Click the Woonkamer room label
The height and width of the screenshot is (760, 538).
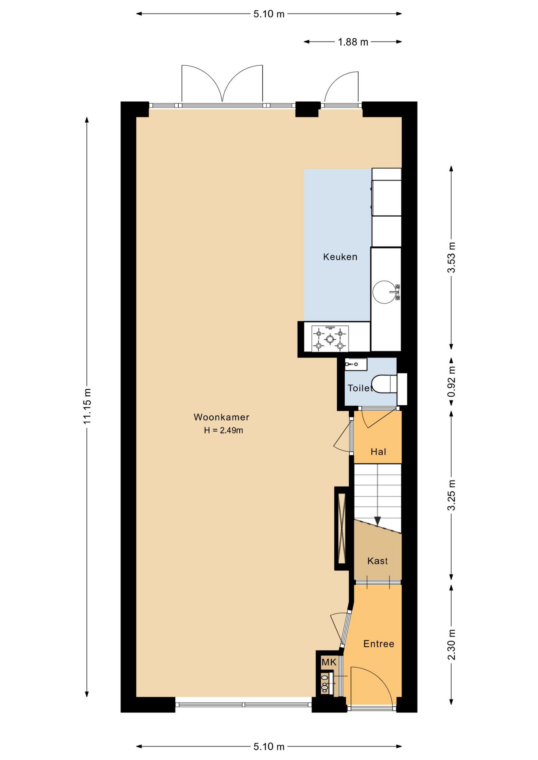point(221,417)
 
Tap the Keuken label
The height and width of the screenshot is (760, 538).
point(340,257)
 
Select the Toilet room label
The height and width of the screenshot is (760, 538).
point(360,388)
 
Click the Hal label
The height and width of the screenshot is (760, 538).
point(378,452)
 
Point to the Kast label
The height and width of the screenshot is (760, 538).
point(378,560)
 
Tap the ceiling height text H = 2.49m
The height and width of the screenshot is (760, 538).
point(223,430)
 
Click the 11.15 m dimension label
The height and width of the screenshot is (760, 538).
point(87,406)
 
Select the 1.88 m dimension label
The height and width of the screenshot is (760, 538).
point(353,42)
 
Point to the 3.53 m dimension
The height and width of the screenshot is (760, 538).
point(451,257)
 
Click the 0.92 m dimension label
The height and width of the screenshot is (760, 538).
point(451,381)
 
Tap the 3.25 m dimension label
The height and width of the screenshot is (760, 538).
point(451,495)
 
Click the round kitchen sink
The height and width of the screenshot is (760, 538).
point(384,292)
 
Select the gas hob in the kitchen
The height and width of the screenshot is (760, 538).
point(330,339)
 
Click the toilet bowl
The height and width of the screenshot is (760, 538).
point(385,384)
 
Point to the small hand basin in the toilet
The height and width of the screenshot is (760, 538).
point(356,364)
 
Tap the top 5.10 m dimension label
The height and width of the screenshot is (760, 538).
point(269,14)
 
